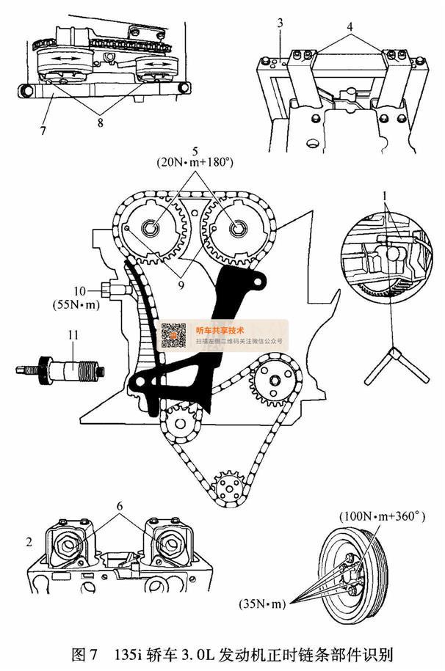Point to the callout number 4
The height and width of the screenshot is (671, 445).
tap(350, 26)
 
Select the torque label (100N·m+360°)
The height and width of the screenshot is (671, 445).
tap(383, 516)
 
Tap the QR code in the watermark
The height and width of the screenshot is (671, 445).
tap(175, 334)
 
